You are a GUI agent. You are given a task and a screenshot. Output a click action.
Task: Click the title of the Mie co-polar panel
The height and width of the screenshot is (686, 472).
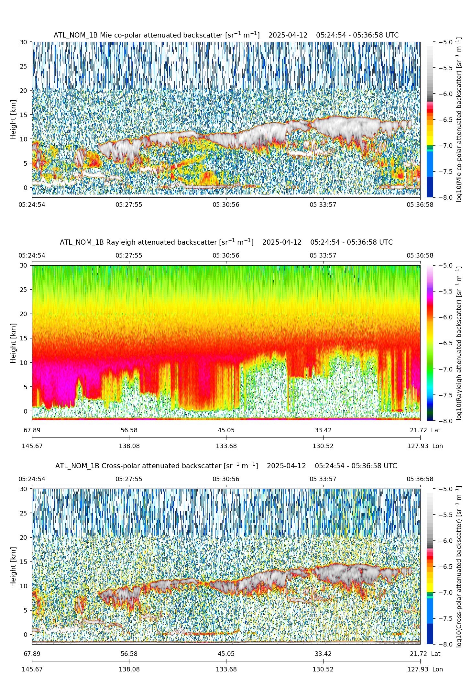point(226,35)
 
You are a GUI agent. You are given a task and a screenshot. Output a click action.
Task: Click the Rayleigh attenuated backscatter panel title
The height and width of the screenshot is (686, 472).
point(226,242)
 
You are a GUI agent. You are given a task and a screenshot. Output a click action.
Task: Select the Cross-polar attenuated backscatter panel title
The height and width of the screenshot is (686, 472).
point(226,466)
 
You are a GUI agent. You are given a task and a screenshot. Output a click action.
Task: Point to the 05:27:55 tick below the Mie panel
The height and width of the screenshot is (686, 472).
point(129,205)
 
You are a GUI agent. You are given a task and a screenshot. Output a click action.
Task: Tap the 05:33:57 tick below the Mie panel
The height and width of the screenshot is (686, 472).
point(323,205)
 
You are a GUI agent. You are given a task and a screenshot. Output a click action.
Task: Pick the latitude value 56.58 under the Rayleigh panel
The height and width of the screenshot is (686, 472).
point(129,430)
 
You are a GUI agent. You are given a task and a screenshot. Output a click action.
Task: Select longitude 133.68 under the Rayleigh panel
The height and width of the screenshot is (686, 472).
point(226,446)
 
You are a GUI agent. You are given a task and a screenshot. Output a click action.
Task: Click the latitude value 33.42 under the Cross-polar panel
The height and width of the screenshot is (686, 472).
point(323,654)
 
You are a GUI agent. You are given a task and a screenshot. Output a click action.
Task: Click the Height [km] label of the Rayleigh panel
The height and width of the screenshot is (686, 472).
point(13,343)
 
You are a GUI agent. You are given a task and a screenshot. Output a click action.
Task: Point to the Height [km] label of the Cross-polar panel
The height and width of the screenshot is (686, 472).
point(13,567)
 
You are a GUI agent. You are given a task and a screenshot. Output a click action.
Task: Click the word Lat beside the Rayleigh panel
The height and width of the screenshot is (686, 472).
point(436,430)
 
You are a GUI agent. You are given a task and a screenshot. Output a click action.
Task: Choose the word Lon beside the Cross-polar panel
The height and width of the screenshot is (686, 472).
point(437,669)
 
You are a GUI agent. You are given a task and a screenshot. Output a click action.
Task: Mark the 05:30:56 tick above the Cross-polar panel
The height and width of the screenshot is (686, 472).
point(226,479)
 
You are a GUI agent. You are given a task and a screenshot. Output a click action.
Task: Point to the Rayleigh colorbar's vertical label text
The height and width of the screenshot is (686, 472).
point(459,343)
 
